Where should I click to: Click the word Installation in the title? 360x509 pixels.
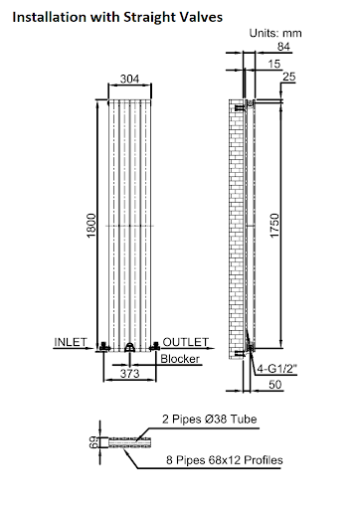coord(45,17)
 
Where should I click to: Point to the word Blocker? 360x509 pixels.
coord(180,358)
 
